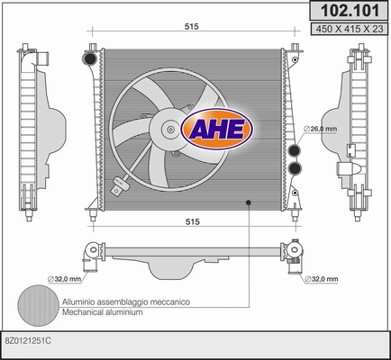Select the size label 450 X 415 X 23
pyautogui.click(x=350, y=29)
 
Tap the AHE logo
pyautogui.click(x=217, y=129)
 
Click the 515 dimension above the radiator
pyautogui.click(x=192, y=27)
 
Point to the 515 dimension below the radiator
pyautogui.click(x=193, y=221)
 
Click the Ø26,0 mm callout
pyautogui.click(x=320, y=129)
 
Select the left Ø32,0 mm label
pyautogui.click(x=65, y=279)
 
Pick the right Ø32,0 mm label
pyautogui.click(x=322, y=279)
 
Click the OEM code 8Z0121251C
pyautogui.click(x=28, y=341)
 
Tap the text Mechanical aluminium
pyautogui.click(x=103, y=312)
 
